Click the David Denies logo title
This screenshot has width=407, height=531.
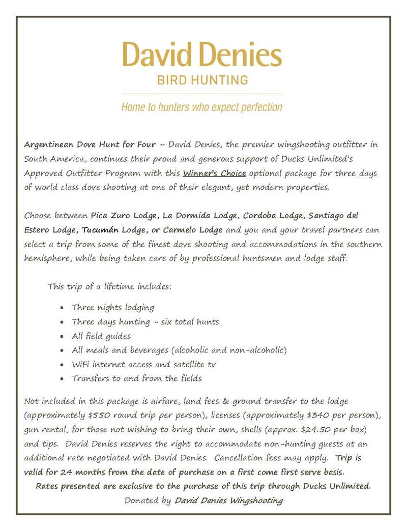point(202,55)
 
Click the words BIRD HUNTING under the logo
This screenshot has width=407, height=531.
point(202,80)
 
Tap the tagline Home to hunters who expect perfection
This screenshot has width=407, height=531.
point(202,107)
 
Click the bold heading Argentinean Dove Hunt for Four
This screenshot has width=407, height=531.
point(90,144)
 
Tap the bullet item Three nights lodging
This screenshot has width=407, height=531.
point(113,308)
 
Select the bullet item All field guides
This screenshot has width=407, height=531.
point(101,336)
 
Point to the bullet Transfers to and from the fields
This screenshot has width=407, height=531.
point(137,378)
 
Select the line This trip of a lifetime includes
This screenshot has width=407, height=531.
point(109,286)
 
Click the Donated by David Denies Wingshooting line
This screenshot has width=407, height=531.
point(203,500)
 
